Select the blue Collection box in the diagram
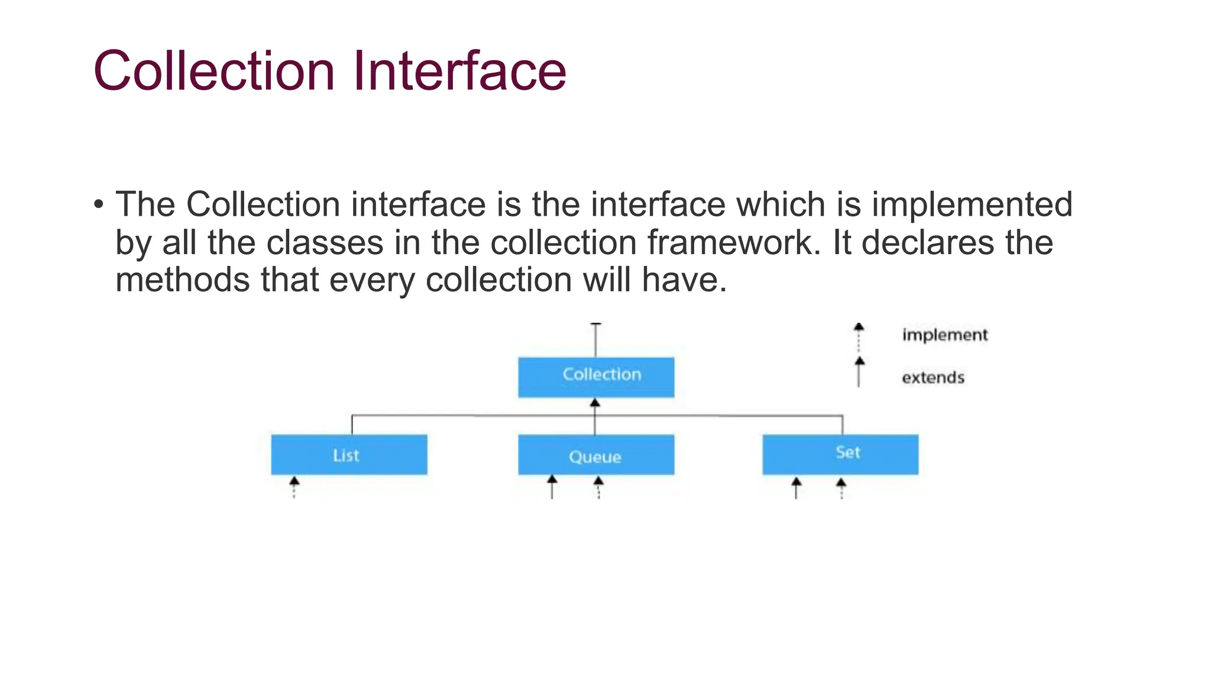click(596, 377)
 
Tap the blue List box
click(349, 455)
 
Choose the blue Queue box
click(596, 455)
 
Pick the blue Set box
click(840, 455)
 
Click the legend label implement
click(944, 335)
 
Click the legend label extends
click(932, 378)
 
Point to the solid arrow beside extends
click(859, 372)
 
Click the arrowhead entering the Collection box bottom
click(595, 403)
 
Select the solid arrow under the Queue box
click(552, 487)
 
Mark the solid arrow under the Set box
click(796, 488)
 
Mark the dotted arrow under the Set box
click(841, 488)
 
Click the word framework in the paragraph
click(730, 242)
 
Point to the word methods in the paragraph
click(182, 280)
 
